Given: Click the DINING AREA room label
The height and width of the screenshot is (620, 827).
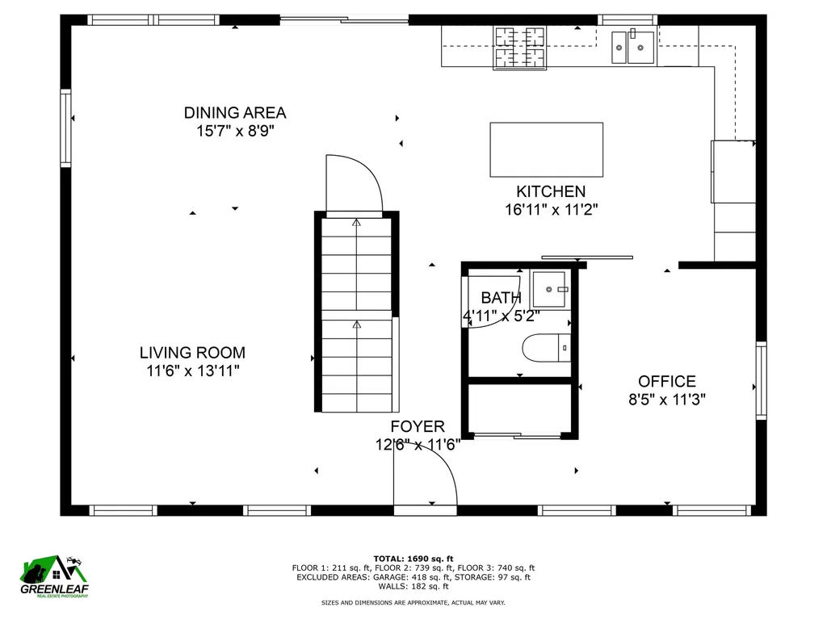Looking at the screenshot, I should (x=234, y=113).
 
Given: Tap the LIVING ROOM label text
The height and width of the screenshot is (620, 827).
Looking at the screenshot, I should (x=192, y=353).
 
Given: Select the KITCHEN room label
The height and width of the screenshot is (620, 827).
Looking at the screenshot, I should (x=551, y=191).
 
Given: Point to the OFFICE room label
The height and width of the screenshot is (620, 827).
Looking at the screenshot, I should (x=666, y=381).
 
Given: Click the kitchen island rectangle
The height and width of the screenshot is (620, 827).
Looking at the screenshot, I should (x=546, y=149).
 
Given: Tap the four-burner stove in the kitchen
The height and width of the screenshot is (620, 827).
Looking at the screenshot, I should (x=520, y=47).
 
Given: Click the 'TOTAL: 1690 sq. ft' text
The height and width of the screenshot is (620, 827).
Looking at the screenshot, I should (x=413, y=558).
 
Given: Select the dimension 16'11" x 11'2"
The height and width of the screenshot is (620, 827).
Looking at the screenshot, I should (x=551, y=210).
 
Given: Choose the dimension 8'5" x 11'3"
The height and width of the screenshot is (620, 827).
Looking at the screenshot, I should (x=666, y=399).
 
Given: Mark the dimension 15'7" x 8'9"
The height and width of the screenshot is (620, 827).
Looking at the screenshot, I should (x=234, y=131).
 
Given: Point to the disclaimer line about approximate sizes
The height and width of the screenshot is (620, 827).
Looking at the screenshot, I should (x=413, y=603).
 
